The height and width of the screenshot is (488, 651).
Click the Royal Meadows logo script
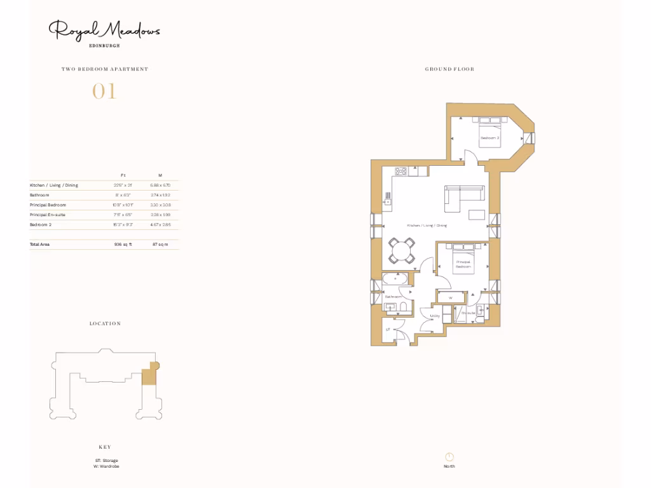click(x=105, y=30)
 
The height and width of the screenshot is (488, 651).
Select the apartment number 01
click(x=105, y=91)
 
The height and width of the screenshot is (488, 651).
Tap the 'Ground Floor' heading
click(x=449, y=69)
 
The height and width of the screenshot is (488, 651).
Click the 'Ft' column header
click(x=123, y=175)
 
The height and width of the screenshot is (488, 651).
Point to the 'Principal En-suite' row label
click(x=48, y=215)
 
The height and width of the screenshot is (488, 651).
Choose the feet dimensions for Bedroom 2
click(x=123, y=225)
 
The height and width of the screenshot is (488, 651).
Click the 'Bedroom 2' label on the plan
click(x=490, y=138)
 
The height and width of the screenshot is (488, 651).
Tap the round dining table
click(x=402, y=251)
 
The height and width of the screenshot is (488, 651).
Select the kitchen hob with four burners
click(x=401, y=171)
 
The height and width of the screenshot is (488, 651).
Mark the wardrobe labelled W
click(x=450, y=297)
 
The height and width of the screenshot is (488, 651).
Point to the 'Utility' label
click(x=435, y=316)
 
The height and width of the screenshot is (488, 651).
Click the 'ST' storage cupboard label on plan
click(x=388, y=329)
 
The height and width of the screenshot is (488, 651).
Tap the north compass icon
click(x=449, y=457)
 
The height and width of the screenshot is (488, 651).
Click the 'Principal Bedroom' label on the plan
click(x=463, y=264)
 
